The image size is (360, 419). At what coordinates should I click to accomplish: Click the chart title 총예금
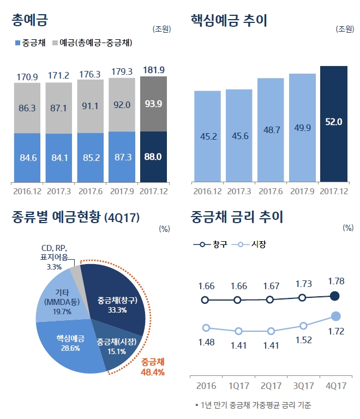tap(30, 21)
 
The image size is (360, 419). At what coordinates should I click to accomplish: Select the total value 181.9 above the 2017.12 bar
tap(153, 70)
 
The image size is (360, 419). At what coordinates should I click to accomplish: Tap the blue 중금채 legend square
tap(17, 43)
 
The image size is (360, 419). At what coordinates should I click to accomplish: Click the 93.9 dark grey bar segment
tap(153, 104)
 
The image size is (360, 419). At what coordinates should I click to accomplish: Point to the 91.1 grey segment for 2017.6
tap(90, 106)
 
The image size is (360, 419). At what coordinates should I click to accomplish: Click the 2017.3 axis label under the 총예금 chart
tap(58, 191)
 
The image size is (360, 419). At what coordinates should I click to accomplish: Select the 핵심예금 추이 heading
tap(229, 21)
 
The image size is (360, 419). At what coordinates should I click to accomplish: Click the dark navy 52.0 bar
tap(333, 123)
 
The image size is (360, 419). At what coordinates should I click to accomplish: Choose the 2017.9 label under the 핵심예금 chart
tap(302, 191)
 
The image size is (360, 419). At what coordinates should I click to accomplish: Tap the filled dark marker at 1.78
tap(335, 296)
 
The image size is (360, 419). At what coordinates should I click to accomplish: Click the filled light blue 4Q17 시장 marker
tap(336, 316)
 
